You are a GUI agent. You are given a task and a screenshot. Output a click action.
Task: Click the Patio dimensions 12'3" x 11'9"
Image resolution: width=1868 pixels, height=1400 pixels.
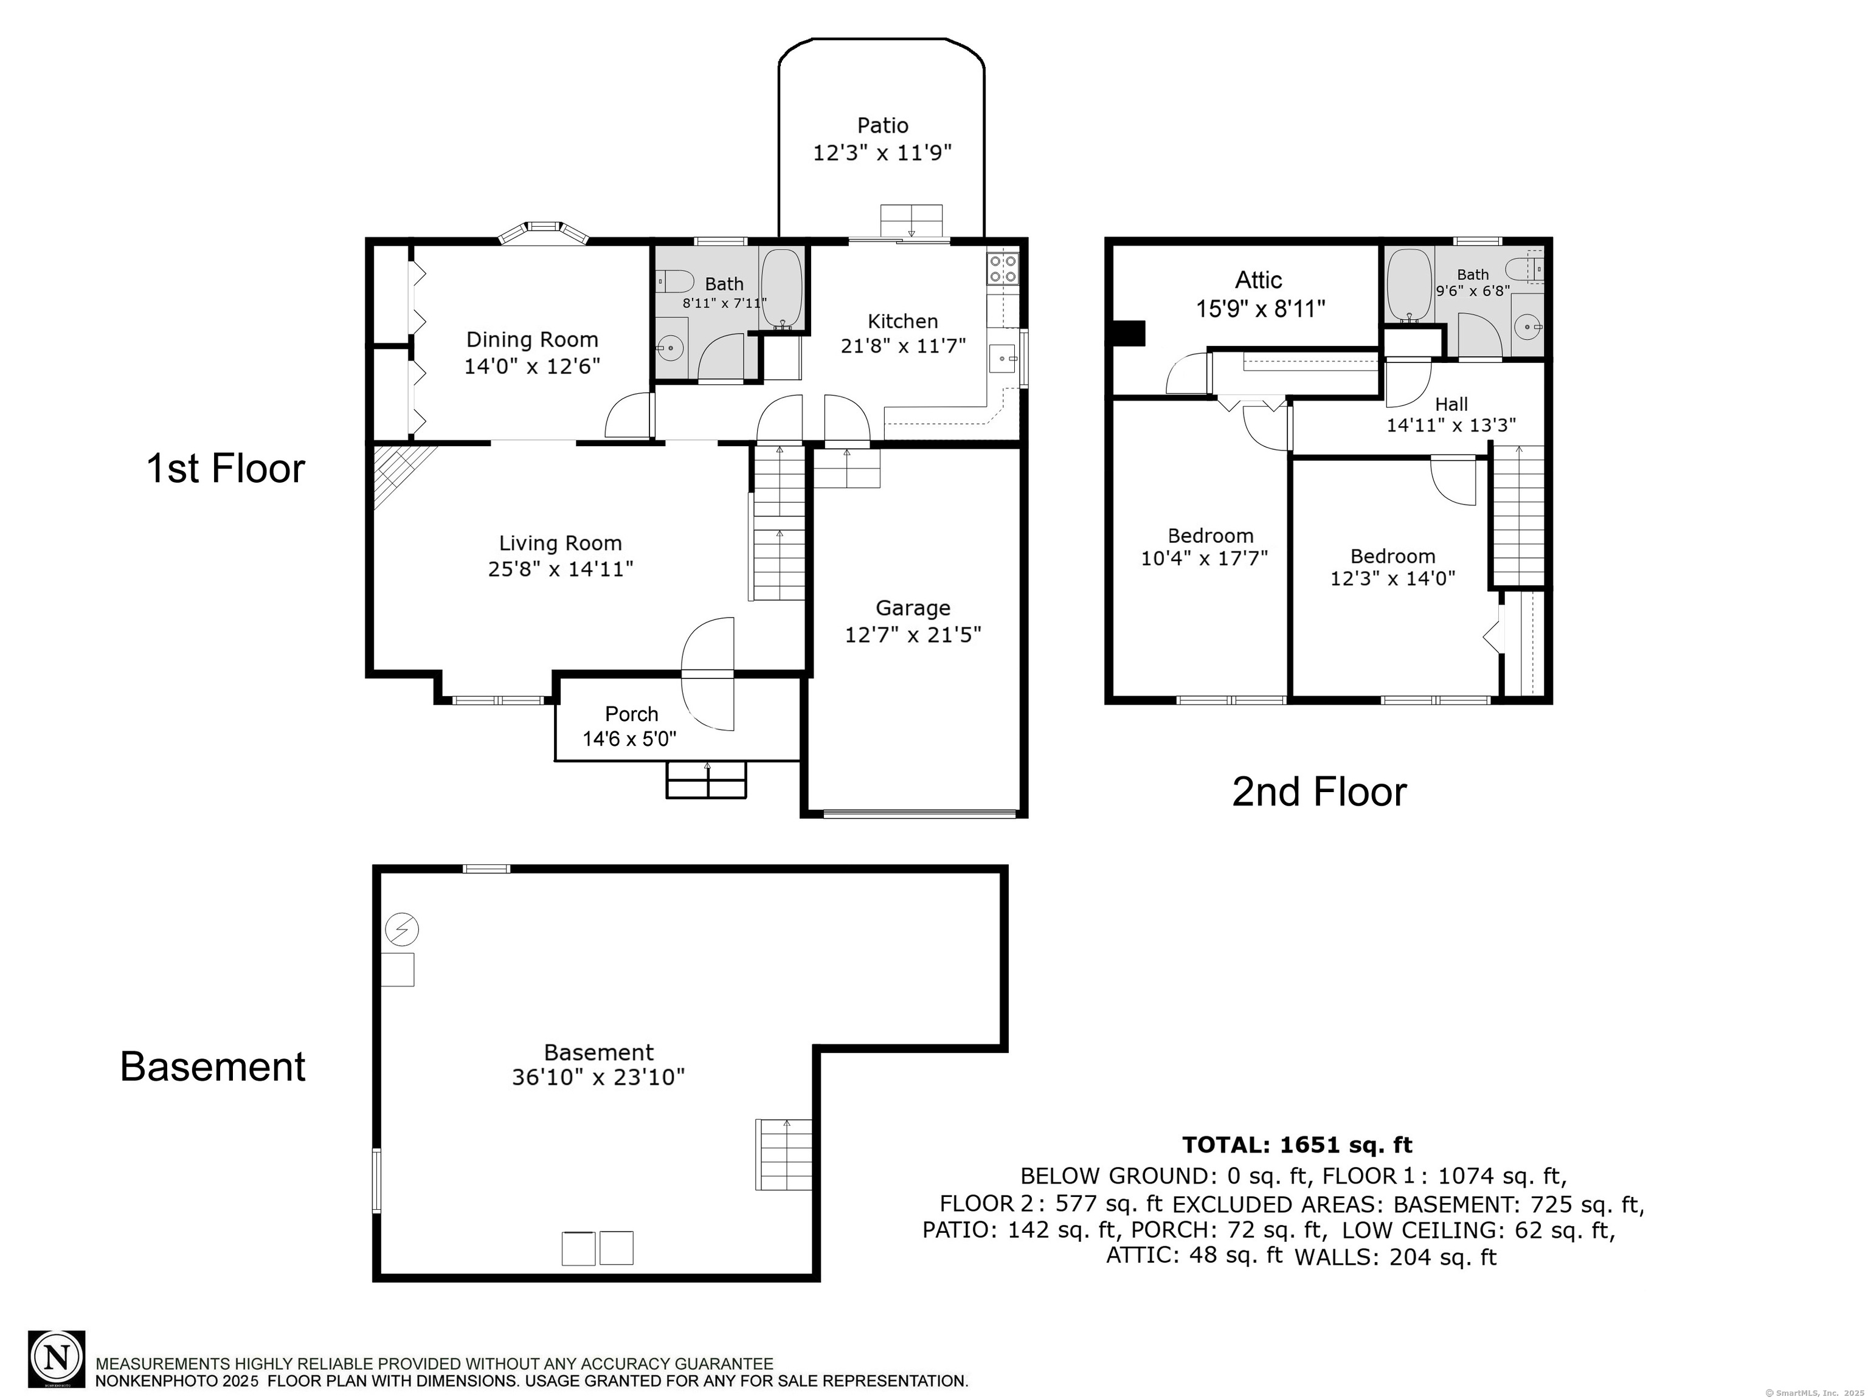click(x=882, y=153)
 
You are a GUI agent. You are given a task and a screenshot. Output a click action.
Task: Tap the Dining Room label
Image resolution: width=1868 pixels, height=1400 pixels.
click(x=532, y=339)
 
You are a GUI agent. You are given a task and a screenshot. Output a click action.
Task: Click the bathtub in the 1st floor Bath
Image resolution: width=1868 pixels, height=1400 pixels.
click(x=782, y=288)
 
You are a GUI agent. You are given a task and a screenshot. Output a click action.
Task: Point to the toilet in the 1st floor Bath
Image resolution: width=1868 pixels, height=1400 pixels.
click(x=673, y=280)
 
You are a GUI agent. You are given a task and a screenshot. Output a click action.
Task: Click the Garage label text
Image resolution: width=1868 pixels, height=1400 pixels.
click(x=912, y=608)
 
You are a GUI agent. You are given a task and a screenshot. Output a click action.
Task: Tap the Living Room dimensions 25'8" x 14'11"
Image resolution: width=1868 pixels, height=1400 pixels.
click(x=561, y=569)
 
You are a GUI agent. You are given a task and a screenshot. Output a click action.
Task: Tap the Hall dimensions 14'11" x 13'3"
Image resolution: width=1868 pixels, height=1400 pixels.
click(x=1451, y=426)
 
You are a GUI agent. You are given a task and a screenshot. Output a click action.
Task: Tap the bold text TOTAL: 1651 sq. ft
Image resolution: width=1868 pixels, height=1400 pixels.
click(x=1296, y=1145)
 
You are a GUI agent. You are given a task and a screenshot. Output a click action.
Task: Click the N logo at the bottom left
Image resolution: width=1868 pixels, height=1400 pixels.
click(x=57, y=1359)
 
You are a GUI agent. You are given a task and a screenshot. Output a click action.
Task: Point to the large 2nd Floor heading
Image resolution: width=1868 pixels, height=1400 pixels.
click(x=1319, y=792)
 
